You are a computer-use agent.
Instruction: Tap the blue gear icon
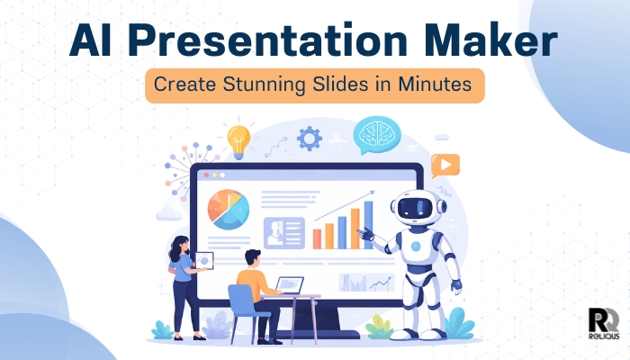click(309, 138)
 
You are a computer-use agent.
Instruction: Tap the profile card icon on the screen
click(283, 232)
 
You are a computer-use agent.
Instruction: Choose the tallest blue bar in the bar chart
click(367, 225)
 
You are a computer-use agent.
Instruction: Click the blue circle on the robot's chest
click(416, 246)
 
